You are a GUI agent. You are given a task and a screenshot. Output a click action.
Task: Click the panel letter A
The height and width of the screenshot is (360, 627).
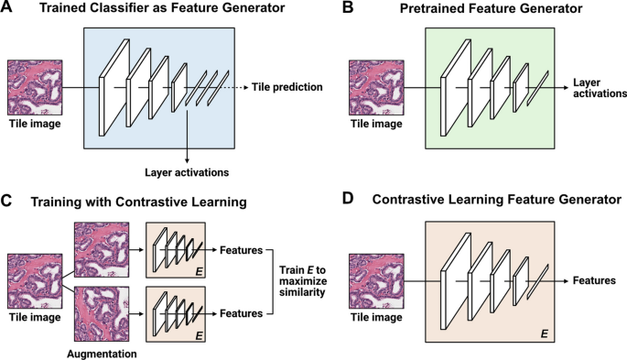(x=7, y=9)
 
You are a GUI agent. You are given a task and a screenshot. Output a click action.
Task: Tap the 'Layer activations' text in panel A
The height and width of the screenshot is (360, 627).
(x=187, y=170)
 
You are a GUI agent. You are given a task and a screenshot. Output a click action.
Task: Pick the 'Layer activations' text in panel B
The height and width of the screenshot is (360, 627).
(x=599, y=87)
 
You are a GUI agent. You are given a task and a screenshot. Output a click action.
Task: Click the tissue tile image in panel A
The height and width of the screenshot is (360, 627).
(x=36, y=87)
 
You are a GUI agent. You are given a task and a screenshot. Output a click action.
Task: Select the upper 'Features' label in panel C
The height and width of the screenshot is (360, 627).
(x=242, y=248)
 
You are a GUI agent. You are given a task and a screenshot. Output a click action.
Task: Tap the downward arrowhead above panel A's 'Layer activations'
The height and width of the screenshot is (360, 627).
(x=187, y=153)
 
